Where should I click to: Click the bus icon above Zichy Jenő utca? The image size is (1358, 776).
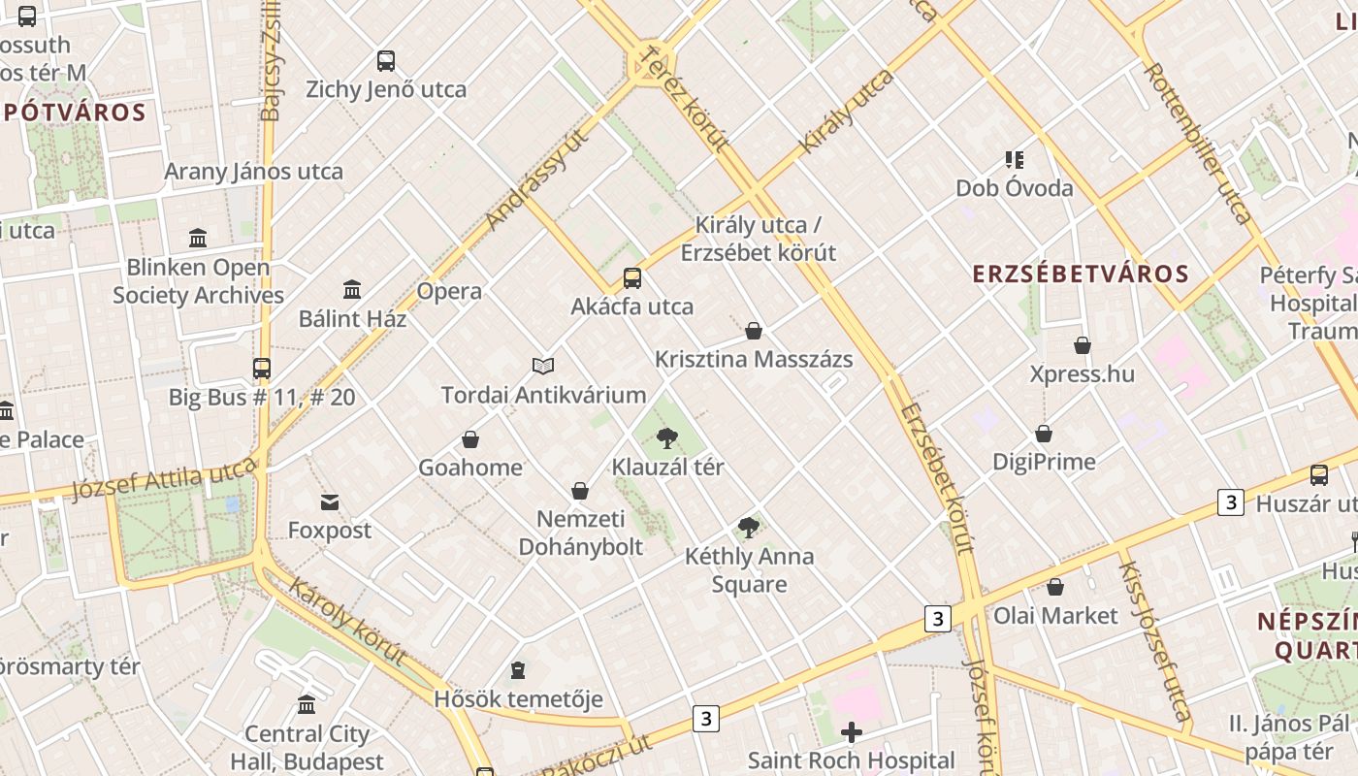pos(386,61)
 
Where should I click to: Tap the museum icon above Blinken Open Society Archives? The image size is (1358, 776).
pos(199,238)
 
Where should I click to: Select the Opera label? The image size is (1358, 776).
pos(449,291)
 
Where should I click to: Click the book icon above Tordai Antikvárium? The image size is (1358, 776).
pos(543,366)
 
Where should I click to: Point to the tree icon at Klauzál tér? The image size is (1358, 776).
pos(666,438)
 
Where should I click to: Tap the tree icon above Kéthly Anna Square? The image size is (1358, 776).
pos(748,528)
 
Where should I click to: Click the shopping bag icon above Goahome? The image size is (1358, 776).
pos(470,439)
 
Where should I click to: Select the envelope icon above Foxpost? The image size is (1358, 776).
pos(330,502)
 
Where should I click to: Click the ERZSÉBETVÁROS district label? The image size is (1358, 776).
pos(1081,274)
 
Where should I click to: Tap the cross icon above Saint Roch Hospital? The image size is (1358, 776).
pos(852,732)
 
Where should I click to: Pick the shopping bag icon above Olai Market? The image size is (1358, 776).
pos(1055,587)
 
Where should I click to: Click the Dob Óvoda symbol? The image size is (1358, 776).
pos(1015,159)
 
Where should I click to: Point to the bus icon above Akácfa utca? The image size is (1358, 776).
pos(632,278)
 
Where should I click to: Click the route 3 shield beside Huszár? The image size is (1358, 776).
pos(1231,502)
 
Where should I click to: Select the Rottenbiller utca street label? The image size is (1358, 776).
pos(1199,144)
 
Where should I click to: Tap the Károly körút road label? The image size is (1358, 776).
pos(347,622)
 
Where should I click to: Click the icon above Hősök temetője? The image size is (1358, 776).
pos(518,670)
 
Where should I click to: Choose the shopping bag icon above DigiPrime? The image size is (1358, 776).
pos(1044,434)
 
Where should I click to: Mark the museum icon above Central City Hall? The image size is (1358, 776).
pos(307,704)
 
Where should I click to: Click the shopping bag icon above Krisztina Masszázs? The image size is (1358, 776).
pos(754,331)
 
